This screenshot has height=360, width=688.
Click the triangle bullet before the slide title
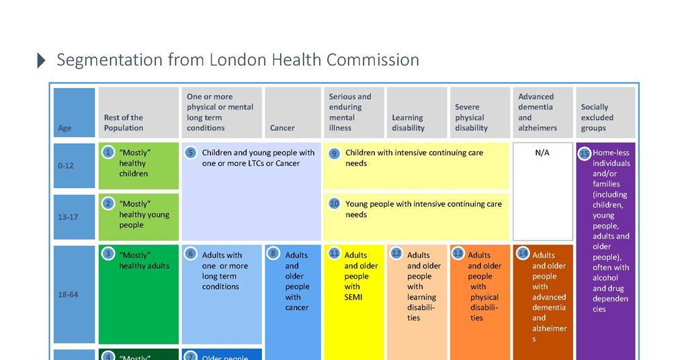41,60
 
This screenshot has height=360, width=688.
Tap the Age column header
64,128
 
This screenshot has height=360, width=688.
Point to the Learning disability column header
408,122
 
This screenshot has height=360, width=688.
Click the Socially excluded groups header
597,117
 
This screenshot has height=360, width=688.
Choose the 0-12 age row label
65,165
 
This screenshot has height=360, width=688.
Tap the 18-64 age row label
68,294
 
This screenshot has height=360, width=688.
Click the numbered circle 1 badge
109,152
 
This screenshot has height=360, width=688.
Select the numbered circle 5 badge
191,152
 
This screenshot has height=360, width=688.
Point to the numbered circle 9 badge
334,153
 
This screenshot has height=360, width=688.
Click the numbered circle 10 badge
334,204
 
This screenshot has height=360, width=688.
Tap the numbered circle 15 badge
585,153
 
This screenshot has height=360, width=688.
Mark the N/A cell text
542,152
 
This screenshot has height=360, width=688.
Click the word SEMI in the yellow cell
353,297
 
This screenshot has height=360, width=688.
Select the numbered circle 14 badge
523,254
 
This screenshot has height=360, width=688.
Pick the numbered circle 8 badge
273,254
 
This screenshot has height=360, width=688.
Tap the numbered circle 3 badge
109,254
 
